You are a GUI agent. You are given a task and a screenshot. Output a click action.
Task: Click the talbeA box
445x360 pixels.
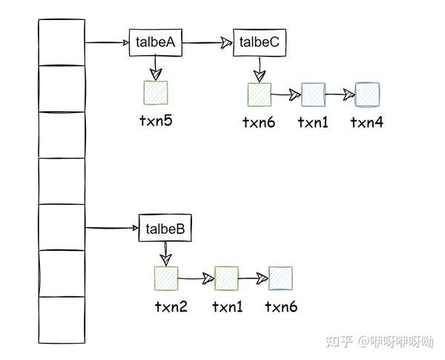(x=155, y=42)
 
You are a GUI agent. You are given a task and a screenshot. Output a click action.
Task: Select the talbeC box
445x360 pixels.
(x=260, y=42)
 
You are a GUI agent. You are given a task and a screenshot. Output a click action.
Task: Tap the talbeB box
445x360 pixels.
(x=165, y=228)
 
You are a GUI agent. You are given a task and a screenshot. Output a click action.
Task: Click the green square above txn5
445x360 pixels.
(x=156, y=94)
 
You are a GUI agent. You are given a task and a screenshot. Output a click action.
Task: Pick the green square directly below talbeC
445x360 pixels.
(x=260, y=94)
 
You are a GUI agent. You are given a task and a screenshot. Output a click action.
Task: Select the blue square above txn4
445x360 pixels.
(x=367, y=94)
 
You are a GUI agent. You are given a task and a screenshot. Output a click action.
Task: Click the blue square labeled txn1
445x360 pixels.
(x=313, y=94)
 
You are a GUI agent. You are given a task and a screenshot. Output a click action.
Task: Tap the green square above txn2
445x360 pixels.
(x=165, y=278)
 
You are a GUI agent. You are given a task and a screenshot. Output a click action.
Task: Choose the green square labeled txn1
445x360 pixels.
(x=226, y=278)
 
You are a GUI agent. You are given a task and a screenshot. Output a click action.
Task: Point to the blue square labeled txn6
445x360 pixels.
(x=280, y=278)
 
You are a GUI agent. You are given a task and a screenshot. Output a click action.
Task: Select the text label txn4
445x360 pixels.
(x=367, y=122)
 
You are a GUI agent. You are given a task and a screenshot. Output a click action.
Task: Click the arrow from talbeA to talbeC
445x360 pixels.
(x=208, y=43)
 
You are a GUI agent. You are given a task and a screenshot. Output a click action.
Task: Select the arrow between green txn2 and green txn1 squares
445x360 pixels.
(x=196, y=279)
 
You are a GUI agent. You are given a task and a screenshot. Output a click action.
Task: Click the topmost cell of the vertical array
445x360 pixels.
(x=61, y=42)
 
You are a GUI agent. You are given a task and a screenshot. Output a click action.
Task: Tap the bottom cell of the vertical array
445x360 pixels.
(x=61, y=320)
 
